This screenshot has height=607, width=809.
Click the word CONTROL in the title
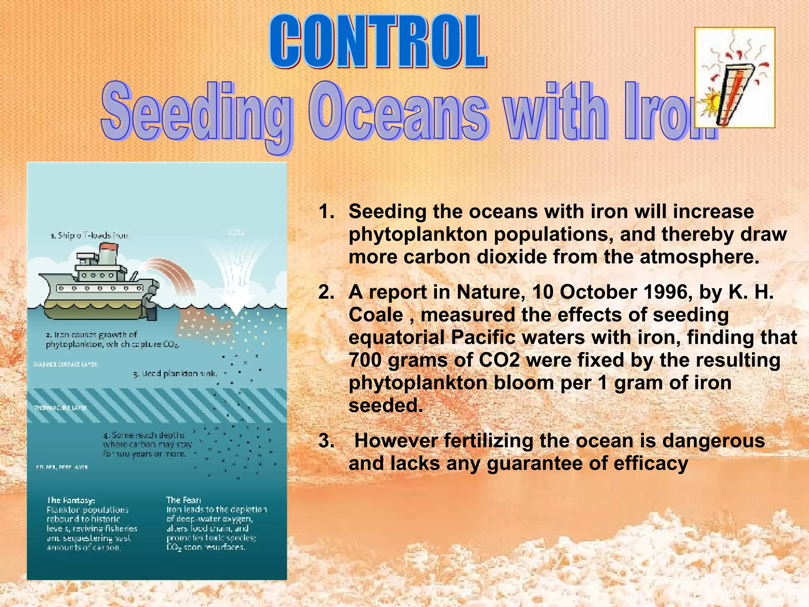[x=378, y=41]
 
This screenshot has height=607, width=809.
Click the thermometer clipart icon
[x=735, y=78]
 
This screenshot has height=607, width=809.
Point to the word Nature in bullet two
[x=490, y=293]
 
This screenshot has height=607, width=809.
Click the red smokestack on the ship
[x=109, y=248]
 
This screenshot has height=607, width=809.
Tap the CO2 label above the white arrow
[x=236, y=232]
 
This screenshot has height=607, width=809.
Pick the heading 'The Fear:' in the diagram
[x=184, y=500]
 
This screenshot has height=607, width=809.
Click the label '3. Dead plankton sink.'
[x=175, y=373]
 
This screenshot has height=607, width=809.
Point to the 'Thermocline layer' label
[x=61, y=408]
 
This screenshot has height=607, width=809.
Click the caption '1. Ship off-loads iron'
[x=90, y=236]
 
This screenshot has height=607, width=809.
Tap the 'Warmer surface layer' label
[x=66, y=364]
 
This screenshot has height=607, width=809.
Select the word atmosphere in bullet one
[x=699, y=257]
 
